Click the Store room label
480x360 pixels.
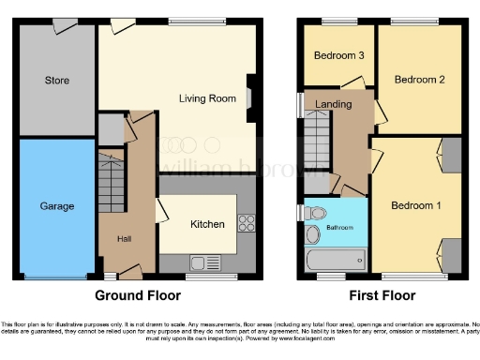(57, 81)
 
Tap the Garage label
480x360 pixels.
(56, 205)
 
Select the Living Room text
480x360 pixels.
(207, 97)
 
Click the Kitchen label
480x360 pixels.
(207, 224)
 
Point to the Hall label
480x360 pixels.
(124, 239)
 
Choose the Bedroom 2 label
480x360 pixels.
(419, 80)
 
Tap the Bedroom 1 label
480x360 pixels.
(416, 205)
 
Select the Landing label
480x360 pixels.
(335, 104)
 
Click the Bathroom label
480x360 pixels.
(339, 228)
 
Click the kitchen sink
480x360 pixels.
(202, 262)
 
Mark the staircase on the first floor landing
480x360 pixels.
(315, 142)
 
